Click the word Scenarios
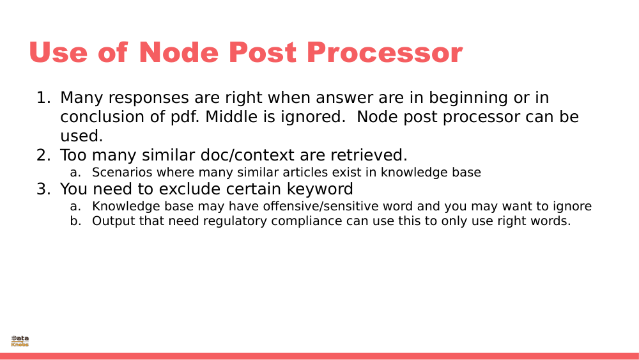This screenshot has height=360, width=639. [x=119, y=173]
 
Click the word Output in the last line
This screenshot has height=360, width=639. [x=111, y=222]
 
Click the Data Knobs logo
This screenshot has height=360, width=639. [x=20, y=341]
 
